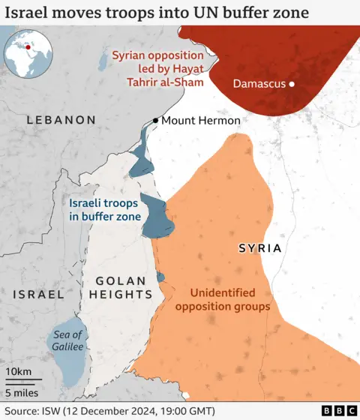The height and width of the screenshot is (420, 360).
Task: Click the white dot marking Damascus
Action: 292,84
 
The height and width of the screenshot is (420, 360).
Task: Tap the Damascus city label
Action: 259,84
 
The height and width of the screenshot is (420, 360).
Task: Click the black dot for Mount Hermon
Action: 155,120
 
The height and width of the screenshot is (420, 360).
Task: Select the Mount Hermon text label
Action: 201,121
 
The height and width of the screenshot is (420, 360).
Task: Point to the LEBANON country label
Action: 61,120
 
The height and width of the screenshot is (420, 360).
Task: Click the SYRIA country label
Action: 259,247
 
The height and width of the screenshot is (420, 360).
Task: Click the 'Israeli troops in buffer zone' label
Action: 104,209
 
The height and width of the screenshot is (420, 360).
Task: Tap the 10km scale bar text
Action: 19,373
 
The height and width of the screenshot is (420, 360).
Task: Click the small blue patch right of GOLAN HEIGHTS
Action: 160,277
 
